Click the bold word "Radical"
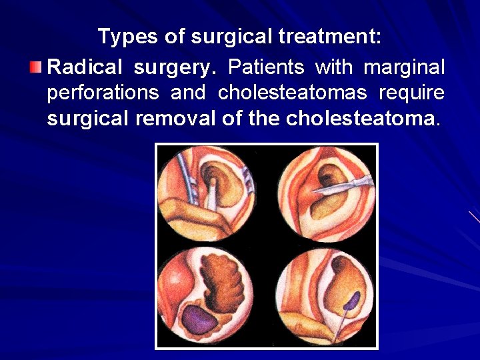coord(86,67)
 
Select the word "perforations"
coord(103,93)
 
